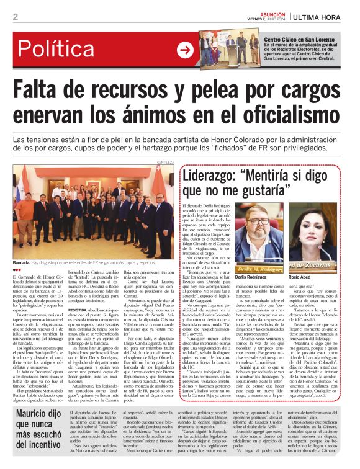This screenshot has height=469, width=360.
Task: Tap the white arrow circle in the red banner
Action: [x=185, y=50]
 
